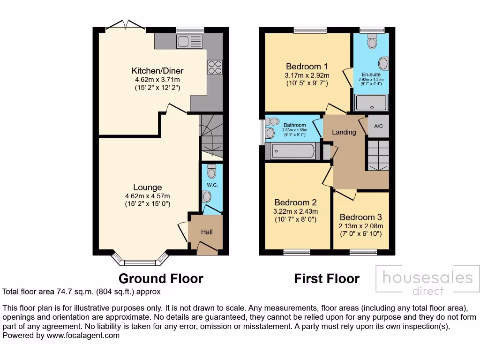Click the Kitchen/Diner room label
pyautogui.click(x=157, y=71)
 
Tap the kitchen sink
pyautogui.click(x=190, y=41)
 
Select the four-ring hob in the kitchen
pyautogui.click(x=215, y=67)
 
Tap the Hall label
pyautogui.click(x=207, y=232)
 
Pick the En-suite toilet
pyautogui.click(x=373, y=43)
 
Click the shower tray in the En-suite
pyautogui.click(x=372, y=102)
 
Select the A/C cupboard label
pyautogui.click(x=378, y=127)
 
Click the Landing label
pyautogui.click(x=344, y=132)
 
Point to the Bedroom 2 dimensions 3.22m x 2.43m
pyautogui.click(x=296, y=211)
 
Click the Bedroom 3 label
pyautogui.click(x=361, y=217)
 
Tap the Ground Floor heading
pyautogui.click(x=161, y=278)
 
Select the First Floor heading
pyautogui.click(x=326, y=278)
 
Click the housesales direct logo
pyautogui.click(x=427, y=281)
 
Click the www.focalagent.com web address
pyautogui.click(x=82, y=336)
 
